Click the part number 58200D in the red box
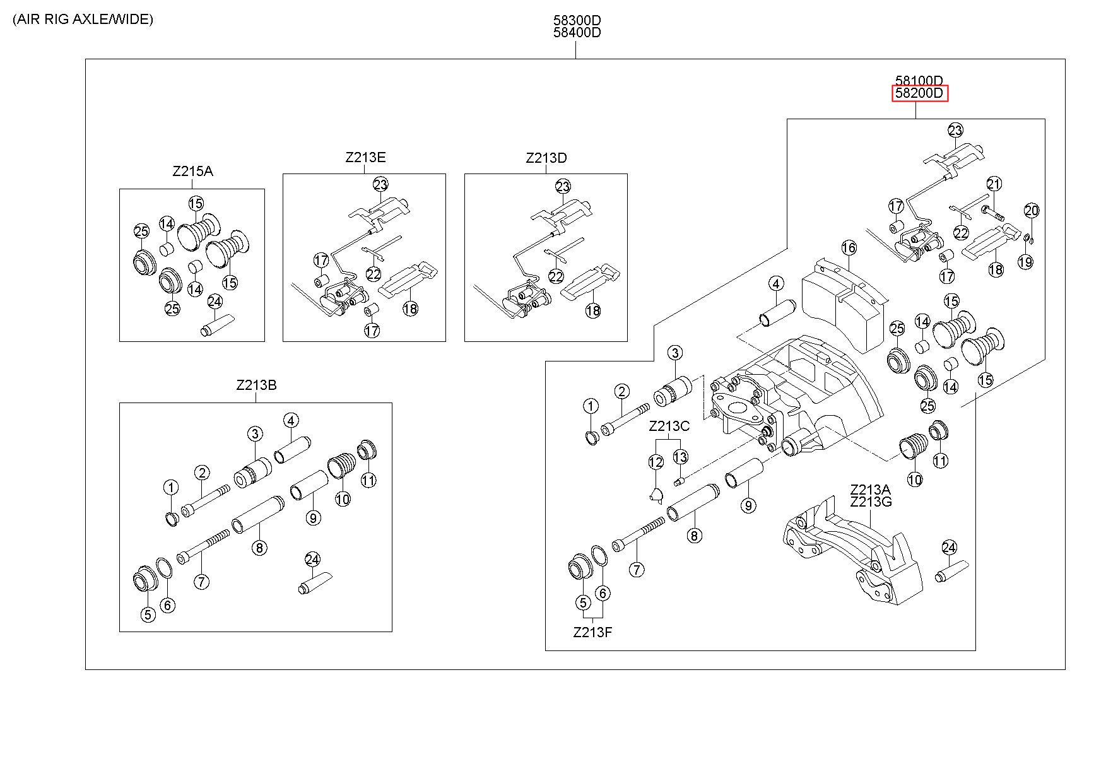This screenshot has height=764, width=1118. [x=919, y=94]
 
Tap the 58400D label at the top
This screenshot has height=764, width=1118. [x=577, y=33]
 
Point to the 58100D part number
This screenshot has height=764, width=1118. [x=919, y=81]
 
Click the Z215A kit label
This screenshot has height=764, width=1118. [x=192, y=171]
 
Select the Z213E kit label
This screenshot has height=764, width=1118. [x=365, y=157]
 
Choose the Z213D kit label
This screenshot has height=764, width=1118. [x=546, y=158]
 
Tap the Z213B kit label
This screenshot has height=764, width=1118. [x=256, y=385]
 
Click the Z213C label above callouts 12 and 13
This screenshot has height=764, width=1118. [x=669, y=426]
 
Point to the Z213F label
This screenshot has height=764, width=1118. [x=592, y=632]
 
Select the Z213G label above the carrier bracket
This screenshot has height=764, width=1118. [x=871, y=502]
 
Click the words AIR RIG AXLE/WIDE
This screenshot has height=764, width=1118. [x=82, y=20]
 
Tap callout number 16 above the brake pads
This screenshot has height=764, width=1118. [x=849, y=247]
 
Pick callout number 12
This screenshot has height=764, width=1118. [x=656, y=462]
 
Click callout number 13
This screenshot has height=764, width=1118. [x=680, y=456]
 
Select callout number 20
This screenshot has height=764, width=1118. [x=1032, y=211]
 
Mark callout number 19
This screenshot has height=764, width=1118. [x=1026, y=262]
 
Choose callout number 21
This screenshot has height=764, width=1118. [x=994, y=184]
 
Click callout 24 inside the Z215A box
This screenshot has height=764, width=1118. [x=215, y=302]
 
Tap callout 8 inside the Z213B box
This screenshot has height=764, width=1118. [x=259, y=548]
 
